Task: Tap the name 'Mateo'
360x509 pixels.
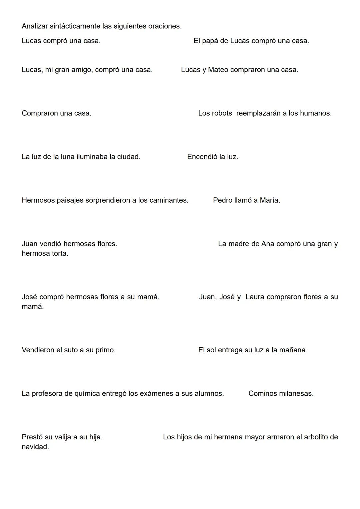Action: point(218,70)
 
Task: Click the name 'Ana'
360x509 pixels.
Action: point(268,244)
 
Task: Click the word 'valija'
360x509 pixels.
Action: point(61,437)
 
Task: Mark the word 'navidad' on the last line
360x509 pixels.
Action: point(35,447)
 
